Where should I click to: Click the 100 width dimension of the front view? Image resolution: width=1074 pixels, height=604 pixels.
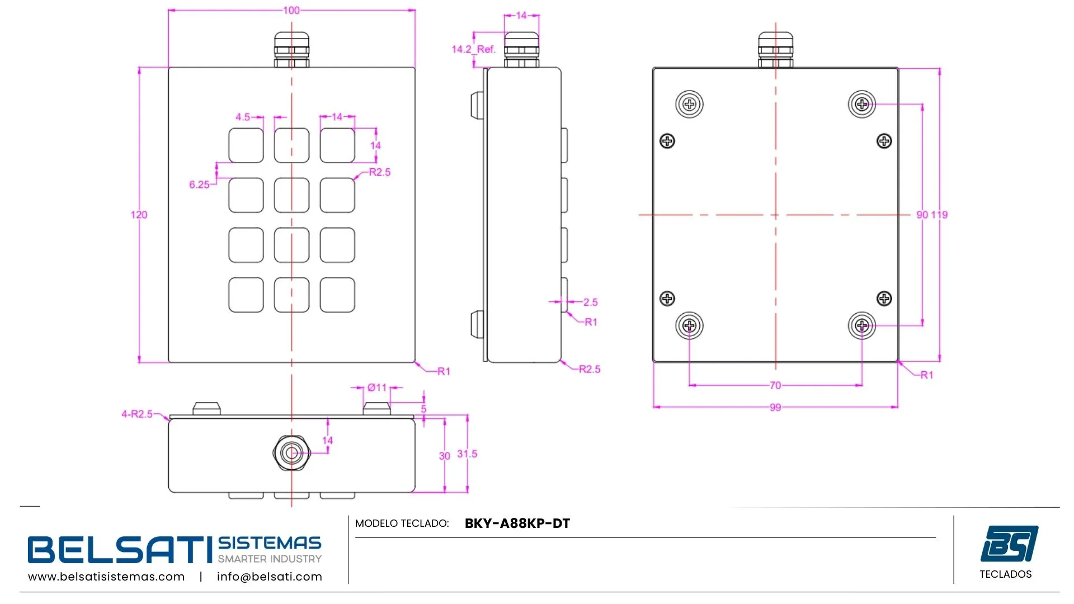click(x=291, y=10)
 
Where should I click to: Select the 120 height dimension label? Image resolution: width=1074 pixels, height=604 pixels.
click(x=139, y=215)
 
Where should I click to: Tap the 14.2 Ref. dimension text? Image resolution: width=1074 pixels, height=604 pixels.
click(x=473, y=49)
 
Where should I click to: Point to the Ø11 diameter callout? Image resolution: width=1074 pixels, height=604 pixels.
click(x=377, y=388)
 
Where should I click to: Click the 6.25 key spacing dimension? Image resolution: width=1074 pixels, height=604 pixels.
click(x=199, y=185)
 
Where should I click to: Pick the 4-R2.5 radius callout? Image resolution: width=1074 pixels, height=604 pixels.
click(x=137, y=414)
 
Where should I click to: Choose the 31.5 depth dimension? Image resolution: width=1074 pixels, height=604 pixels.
click(x=467, y=454)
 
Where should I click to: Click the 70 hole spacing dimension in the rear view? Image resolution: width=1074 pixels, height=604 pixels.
click(x=775, y=385)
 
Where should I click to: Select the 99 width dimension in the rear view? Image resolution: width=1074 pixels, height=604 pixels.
click(x=775, y=407)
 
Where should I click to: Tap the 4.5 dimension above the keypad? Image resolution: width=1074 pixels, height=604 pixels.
click(x=243, y=117)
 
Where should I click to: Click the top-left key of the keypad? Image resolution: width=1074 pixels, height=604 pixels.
click(x=246, y=145)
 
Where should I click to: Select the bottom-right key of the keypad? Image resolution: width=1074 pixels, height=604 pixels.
click(x=337, y=295)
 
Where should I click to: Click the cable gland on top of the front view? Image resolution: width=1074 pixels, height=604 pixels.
click(x=291, y=49)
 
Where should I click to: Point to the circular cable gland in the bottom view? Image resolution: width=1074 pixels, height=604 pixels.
click(x=291, y=452)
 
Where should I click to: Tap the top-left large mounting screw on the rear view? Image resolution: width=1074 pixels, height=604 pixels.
click(x=689, y=104)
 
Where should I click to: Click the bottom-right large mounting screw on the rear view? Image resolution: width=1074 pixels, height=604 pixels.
click(x=862, y=325)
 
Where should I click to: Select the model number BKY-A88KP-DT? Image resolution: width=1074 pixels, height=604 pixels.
click(x=517, y=523)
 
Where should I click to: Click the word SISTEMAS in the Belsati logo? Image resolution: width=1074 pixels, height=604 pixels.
click(x=270, y=543)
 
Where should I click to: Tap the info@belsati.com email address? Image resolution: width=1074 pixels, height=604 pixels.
click(x=270, y=577)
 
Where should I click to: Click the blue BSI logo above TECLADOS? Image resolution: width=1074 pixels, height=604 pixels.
click(x=1009, y=543)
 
